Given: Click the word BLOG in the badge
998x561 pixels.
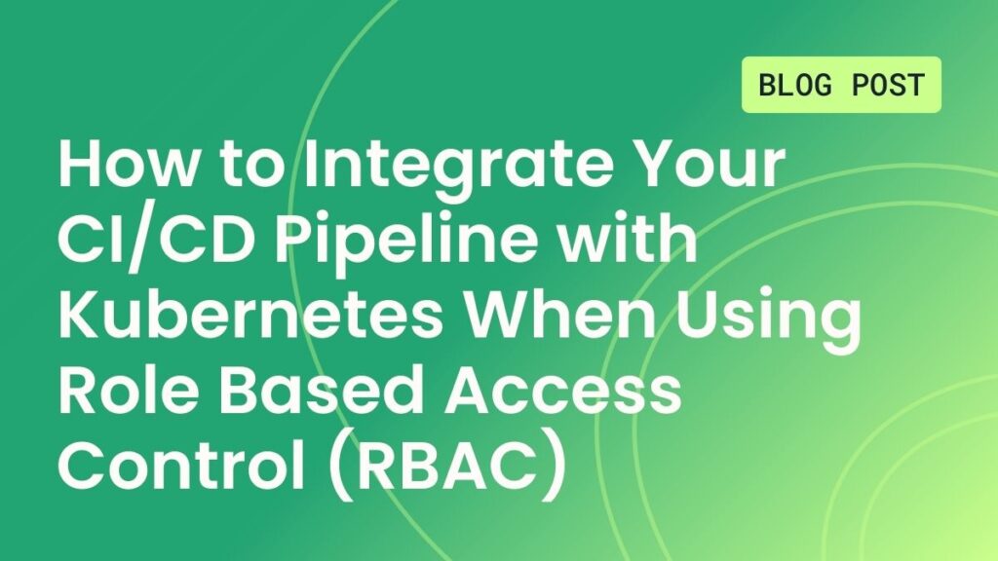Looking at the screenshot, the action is pyautogui.click(x=795, y=85).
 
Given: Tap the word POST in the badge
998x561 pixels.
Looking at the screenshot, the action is pyautogui.click(x=888, y=85).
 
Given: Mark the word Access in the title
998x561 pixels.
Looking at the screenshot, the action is pyautogui.click(x=563, y=391).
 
